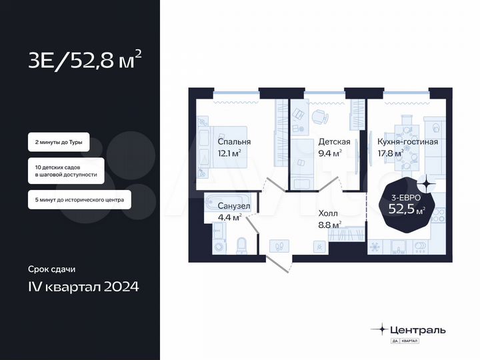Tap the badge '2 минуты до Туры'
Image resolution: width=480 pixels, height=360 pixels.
[58, 143]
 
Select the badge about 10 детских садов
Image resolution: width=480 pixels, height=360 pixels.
[65, 170]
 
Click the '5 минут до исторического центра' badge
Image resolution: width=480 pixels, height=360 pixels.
[79, 199]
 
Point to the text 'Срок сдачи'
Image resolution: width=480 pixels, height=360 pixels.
[51, 269]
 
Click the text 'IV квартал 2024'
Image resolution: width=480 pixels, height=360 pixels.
[84, 287]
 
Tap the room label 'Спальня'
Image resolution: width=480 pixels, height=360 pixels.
[234, 142]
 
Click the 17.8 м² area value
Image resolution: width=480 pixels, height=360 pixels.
[391, 153]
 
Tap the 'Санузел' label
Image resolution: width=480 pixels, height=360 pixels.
[233, 206]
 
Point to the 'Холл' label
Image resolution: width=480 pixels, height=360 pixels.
[329, 213]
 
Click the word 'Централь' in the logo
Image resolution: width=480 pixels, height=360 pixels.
[418, 329]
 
